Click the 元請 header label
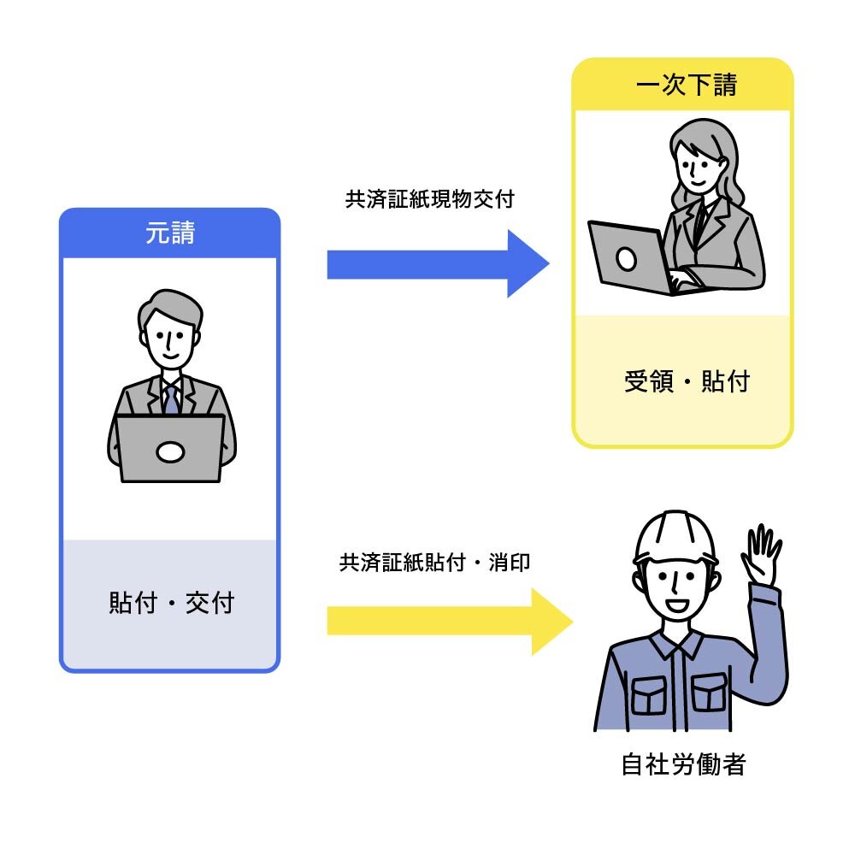169,233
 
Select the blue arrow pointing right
436,264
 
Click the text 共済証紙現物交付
429,200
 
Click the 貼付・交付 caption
171,604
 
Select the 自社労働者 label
682,764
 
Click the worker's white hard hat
676,537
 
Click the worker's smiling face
675,590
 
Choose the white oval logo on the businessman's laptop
171,451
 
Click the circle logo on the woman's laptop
627,258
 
